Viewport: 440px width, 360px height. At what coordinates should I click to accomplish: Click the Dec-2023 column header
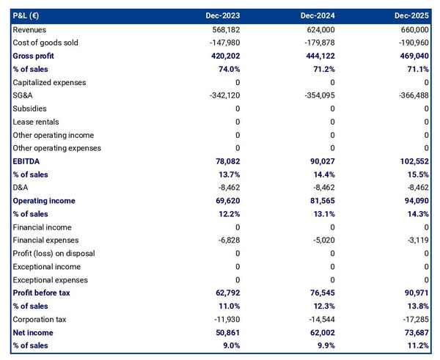point(224,15)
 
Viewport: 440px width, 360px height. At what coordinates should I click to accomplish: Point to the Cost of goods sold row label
point(45,43)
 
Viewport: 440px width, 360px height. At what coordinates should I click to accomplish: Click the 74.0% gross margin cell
point(227,69)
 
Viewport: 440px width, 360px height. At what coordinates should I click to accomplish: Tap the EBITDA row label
point(26,161)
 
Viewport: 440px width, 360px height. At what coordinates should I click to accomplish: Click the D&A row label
point(22,188)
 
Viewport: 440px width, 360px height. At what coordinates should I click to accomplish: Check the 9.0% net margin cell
point(230,346)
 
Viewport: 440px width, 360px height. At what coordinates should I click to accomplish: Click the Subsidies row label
point(31,109)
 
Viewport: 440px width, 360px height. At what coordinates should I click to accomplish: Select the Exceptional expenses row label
point(49,280)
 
